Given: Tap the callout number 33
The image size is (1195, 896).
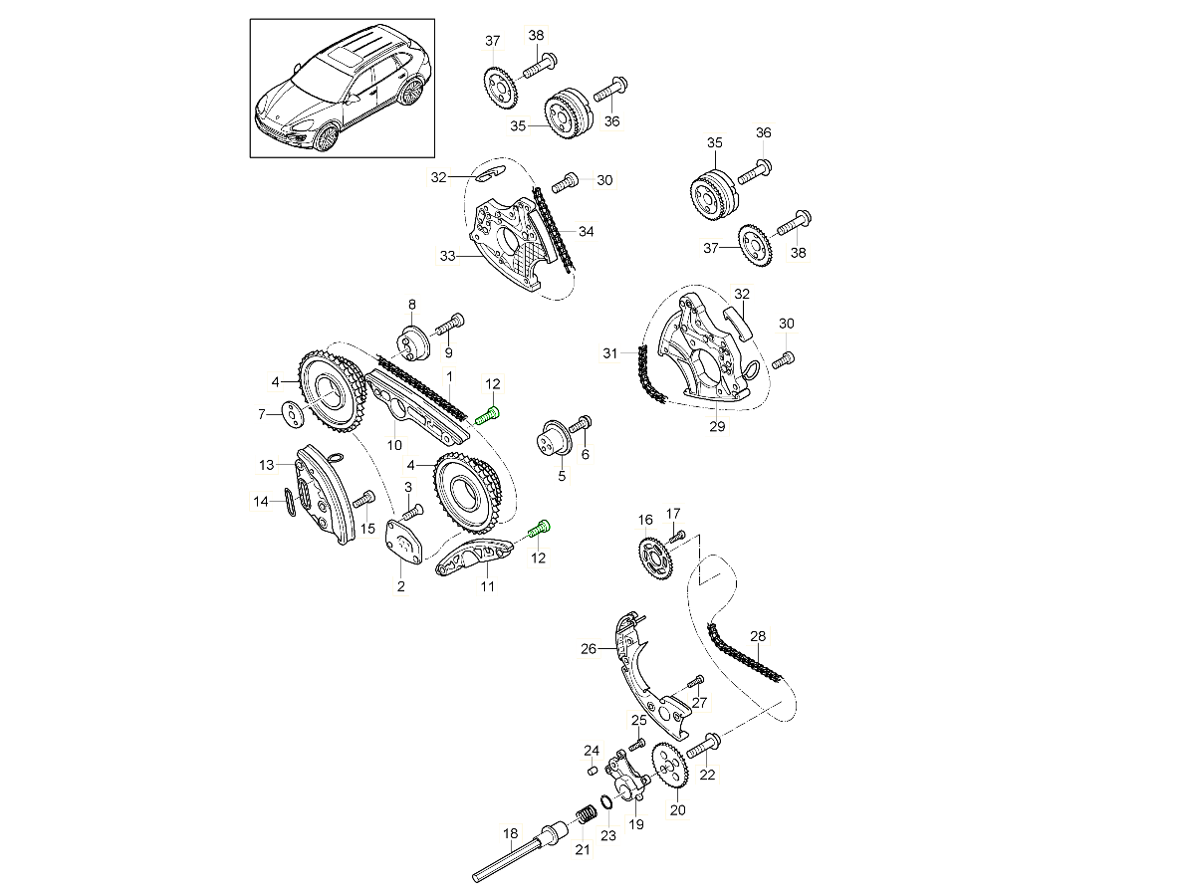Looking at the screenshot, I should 447,256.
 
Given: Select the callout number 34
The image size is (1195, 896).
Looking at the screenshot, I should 587,232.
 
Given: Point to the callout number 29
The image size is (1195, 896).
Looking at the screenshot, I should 717,427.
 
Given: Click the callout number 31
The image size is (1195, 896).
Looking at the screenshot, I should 610,352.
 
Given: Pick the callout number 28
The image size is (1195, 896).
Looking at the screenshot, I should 758,635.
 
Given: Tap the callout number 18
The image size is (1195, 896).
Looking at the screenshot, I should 511,833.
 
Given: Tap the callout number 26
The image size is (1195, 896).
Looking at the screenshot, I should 589,649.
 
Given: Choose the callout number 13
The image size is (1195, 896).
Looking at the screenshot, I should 266,465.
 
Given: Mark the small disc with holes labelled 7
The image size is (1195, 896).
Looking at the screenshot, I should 290,412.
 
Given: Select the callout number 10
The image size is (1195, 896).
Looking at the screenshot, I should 394,444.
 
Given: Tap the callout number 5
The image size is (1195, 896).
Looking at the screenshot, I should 562,476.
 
